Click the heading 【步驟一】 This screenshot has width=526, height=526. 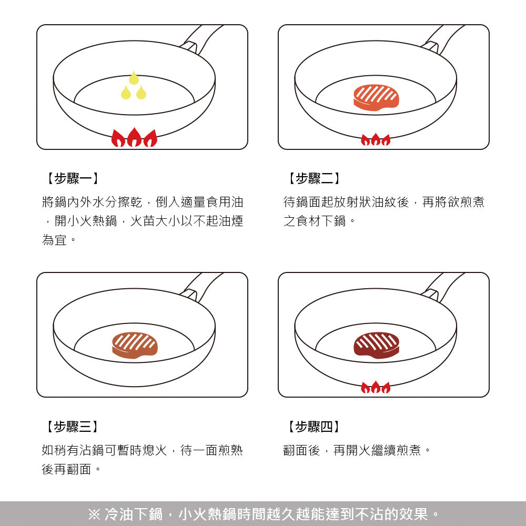pyautogui.click(x=70, y=179)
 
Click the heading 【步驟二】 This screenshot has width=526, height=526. pyautogui.click(x=312, y=179)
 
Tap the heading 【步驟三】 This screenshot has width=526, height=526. pyautogui.click(x=70, y=427)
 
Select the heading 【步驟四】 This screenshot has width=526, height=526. pyautogui.click(x=312, y=427)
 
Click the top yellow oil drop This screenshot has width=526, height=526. pyautogui.click(x=134, y=78)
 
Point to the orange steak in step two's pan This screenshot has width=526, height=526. pyautogui.click(x=376, y=97)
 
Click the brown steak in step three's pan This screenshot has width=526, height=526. pyautogui.click(x=135, y=345)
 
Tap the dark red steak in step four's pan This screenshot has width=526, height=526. pyautogui.click(x=376, y=345)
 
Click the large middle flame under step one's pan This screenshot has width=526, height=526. pyautogui.click(x=134, y=138)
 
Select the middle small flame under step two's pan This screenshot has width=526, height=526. pyautogui.click(x=376, y=140)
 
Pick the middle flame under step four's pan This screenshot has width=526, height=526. pyautogui.click(x=376, y=388)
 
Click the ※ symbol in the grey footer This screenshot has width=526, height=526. pyautogui.click(x=94, y=514)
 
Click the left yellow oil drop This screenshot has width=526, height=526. pyautogui.click(x=126, y=93)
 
